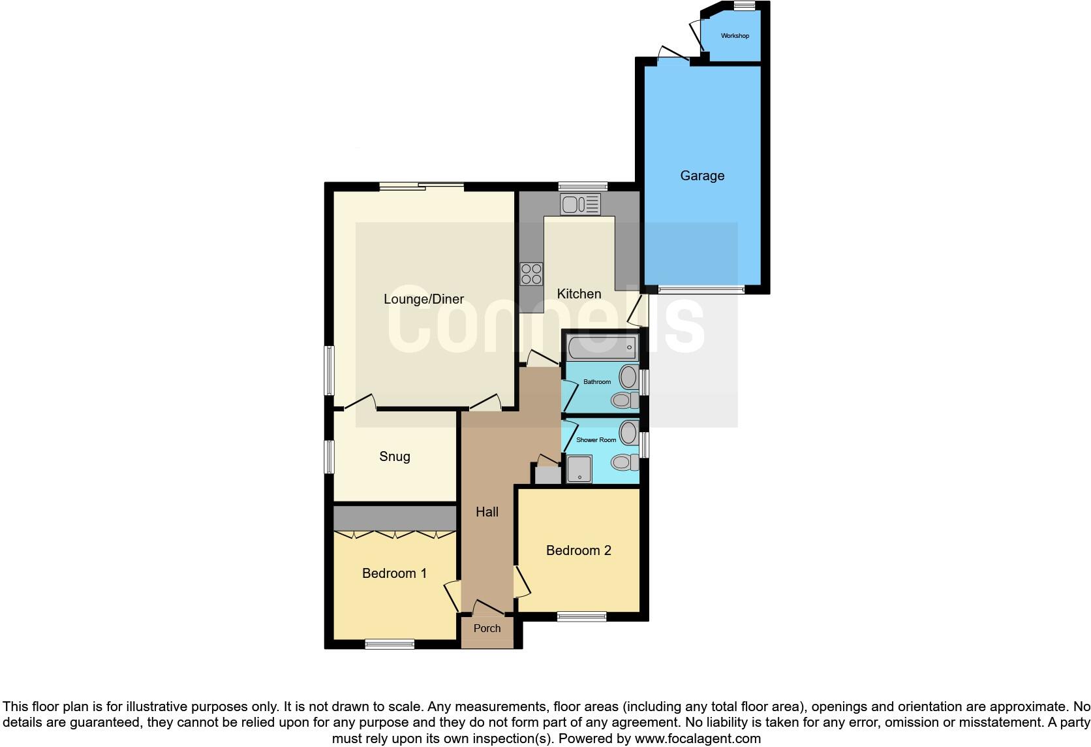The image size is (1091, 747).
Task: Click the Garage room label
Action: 702,176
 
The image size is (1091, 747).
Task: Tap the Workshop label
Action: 735,36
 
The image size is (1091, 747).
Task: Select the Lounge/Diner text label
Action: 423,299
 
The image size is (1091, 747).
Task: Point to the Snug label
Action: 395,456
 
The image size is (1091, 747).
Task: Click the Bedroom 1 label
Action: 394,573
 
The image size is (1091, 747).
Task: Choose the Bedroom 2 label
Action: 578,550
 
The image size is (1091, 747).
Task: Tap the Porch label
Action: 487,628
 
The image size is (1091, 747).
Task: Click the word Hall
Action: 487,512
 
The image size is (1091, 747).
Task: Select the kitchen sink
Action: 579,204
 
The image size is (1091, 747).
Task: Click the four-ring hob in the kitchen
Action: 531,274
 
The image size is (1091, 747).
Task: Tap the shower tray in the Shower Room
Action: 579,469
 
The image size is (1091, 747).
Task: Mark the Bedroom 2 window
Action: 581,616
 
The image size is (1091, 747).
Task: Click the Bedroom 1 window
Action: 390,644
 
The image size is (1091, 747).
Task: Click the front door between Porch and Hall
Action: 488,609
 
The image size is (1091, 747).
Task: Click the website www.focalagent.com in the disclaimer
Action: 698,739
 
